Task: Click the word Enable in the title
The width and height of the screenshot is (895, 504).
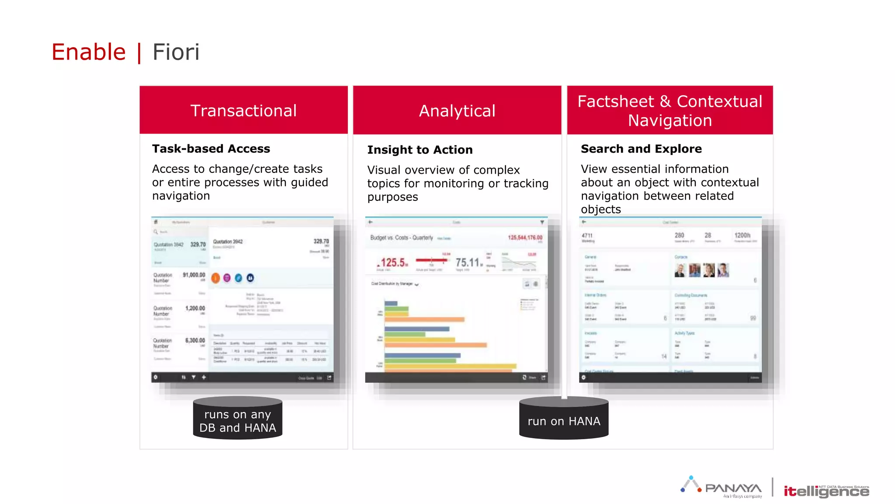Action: coord(89,52)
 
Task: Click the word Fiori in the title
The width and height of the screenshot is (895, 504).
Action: coord(176,52)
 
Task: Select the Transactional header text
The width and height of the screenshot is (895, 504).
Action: coord(243,111)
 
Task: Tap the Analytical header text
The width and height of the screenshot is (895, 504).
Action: coord(457,111)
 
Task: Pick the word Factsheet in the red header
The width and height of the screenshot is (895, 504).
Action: coord(615,101)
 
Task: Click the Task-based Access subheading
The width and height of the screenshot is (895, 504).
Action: coord(211,149)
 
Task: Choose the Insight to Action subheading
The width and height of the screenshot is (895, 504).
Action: coord(420,150)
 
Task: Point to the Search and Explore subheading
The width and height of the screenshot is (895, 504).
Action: coord(641,149)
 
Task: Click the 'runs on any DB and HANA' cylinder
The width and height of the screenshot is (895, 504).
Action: coord(238,419)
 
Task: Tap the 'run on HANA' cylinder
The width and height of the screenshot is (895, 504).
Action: coord(564,419)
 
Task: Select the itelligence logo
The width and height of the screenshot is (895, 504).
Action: coord(826,491)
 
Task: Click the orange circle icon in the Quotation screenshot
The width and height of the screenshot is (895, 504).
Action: coord(215,278)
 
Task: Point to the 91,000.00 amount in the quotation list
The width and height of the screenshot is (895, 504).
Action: coord(194,275)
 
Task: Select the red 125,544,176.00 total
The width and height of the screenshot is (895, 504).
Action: coord(525,238)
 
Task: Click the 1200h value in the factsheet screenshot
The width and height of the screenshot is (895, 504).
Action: coord(742,235)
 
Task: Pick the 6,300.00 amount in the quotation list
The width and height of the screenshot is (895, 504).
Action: coord(195,340)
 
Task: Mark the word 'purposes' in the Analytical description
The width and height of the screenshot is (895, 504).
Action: coord(392,197)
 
